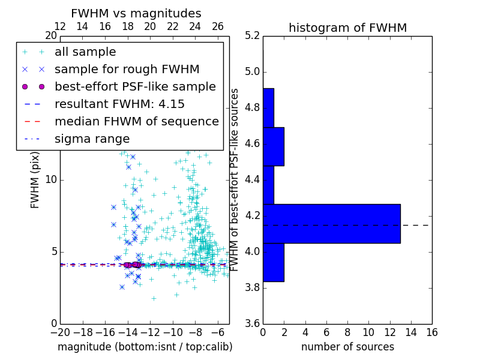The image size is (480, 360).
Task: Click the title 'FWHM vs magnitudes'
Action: (136, 13)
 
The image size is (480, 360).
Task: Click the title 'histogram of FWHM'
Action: (347, 28)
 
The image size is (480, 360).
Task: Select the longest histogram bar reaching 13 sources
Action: (331, 224)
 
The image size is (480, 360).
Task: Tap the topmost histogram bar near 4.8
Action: (268, 108)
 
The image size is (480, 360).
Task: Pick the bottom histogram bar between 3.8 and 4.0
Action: (273, 262)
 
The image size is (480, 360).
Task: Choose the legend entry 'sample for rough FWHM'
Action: (127, 69)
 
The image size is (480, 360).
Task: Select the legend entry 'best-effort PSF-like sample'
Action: (135, 86)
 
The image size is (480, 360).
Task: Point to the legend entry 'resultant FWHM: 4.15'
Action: (119, 104)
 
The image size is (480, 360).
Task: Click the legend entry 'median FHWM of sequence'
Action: (136, 121)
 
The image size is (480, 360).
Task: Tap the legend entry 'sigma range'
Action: (92, 139)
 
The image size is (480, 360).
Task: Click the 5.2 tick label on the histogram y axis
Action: (253, 36)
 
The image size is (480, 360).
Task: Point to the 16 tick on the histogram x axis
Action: (431, 332)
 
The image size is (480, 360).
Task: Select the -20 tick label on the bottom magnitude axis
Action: (60, 332)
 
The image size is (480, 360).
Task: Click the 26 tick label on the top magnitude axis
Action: (218, 26)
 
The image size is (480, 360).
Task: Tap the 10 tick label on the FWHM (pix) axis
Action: (51, 180)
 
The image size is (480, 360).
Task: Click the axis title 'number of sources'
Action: (347, 347)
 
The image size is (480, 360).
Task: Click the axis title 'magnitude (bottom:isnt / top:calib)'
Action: (145, 347)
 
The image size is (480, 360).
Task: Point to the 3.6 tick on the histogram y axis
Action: (253, 323)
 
